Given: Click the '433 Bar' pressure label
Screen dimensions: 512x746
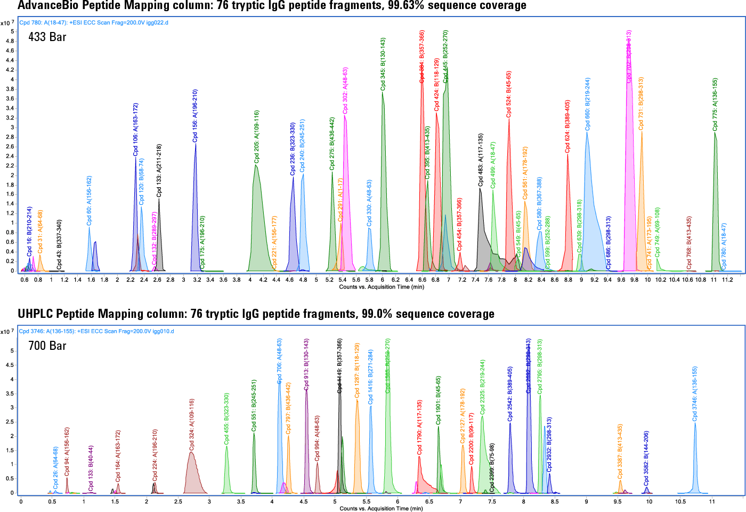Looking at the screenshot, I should click(x=47, y=37).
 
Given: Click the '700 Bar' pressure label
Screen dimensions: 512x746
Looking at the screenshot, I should click(x=47, y=346).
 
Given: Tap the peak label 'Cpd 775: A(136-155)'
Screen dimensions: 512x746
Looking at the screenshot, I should click(x=715, y=105).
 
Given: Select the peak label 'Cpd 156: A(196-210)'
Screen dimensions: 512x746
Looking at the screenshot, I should click(x=195, y=116).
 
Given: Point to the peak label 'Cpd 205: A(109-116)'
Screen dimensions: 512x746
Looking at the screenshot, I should click(x=257, y=137).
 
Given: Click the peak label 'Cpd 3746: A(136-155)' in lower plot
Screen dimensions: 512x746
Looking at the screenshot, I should click(x=695, y=394).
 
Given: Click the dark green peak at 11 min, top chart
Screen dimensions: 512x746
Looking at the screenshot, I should click(x=716, y=203).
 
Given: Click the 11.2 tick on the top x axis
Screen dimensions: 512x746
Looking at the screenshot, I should click(x=727, y=279).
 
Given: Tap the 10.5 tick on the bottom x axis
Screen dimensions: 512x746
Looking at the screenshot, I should click(x=680, y=501).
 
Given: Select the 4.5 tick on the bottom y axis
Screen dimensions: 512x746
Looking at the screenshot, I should click(x=12, y=365).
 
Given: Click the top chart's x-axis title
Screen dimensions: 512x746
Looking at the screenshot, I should click(x=382, y=287).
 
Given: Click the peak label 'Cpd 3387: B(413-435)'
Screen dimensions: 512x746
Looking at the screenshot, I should click(x=620, y=451).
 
